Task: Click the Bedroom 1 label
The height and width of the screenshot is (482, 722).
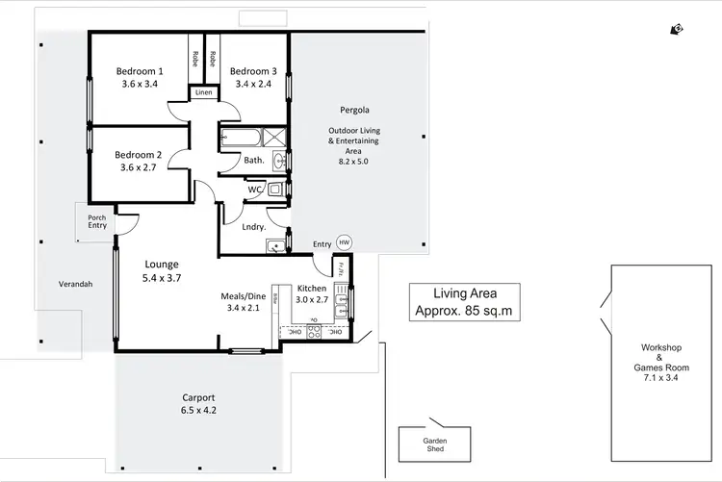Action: pos(140,71)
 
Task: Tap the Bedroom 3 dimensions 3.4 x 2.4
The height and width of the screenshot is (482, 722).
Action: pos(253,84)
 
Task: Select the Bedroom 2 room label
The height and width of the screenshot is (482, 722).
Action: pos(138,155)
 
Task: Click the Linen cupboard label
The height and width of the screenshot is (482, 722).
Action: pos(203,92)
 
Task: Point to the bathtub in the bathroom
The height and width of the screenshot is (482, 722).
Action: pos(241,139)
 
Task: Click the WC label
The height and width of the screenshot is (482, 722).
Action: pos(255,190)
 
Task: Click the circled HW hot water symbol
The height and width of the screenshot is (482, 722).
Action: pos(345,243)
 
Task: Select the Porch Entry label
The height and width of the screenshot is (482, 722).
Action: pos(96,221)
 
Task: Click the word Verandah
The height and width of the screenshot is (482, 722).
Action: pos(76,284)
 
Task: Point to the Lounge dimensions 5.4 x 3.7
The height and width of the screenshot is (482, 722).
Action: pos(162,277)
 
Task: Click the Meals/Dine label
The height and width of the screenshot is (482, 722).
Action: pos(243,296)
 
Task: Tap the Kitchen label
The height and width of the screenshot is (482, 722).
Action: pos(313,289)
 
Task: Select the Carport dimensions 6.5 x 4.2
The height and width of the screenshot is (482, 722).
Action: pos(199,410)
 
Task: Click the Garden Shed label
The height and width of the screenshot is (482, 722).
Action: pos(434,445)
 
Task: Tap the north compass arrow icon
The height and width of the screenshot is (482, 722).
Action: pos(678,30)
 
